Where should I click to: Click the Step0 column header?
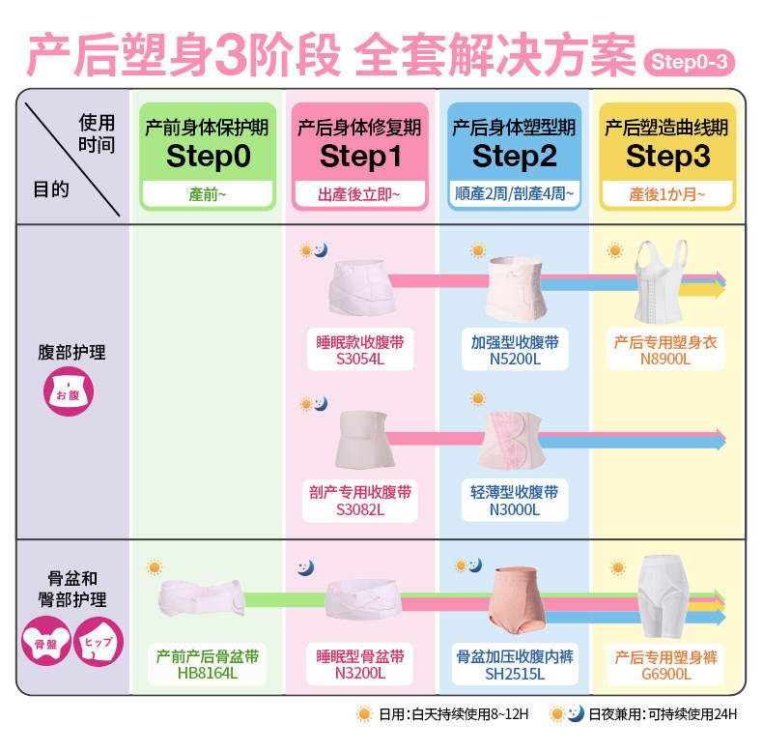pos(208,157)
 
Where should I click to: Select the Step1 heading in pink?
pos(360,157)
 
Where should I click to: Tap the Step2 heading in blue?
pos(515,157)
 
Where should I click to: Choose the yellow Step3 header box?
pos(667,157)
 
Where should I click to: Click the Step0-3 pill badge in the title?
pos(689,62)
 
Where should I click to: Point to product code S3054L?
pos(360,359)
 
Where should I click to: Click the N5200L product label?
pos(515,359)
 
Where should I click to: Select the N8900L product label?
pos(665,359)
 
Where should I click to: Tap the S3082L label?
pos(360,509)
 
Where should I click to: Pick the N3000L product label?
pos(515,509)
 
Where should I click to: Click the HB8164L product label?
pos(208,673)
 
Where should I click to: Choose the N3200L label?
pos(360,673)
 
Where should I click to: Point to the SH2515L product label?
pos(515,674)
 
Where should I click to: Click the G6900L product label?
pos(666,674)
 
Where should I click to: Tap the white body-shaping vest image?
pos(661,281)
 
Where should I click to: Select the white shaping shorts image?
pos(664,596)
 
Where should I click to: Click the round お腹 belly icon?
pos(69,392)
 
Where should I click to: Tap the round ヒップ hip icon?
pos(99,642)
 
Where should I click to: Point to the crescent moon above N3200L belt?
pos(306,568)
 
